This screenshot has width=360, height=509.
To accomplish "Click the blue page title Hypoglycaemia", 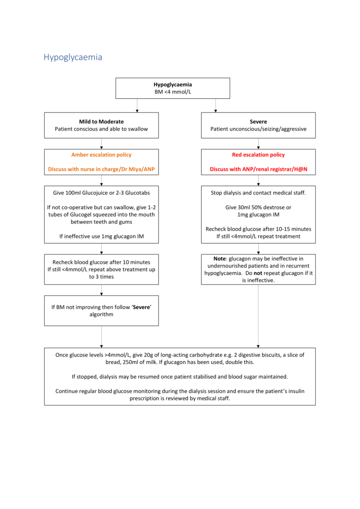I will coord(73,57).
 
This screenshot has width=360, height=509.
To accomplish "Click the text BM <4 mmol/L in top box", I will coord(172,92).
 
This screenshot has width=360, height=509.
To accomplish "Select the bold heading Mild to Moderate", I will coord(101,121).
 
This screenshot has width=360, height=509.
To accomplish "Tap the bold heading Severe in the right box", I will coord(258,121).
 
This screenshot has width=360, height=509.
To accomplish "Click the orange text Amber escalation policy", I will coord(101,155).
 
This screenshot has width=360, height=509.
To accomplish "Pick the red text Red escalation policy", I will coord(258,155).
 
